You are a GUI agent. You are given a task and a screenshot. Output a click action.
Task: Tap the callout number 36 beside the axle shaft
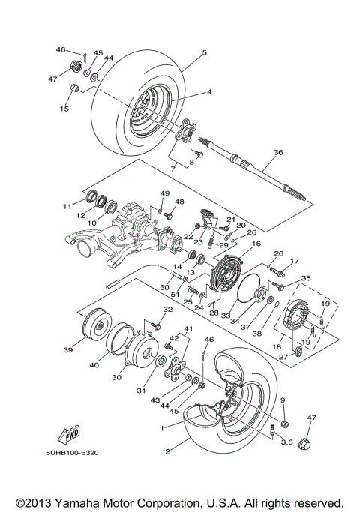(x=278, y=152)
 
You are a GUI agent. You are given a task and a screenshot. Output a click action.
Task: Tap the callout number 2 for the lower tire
(x=167, y=453)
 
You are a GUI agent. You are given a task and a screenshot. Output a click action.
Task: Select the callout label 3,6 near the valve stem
(x=287, y=443)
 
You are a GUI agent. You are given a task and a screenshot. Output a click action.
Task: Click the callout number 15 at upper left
(x=64, y=109)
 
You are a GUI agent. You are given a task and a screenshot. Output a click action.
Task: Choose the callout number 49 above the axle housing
(x=165, y=194)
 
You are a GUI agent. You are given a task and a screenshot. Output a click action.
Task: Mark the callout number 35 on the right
(x=305, y=279)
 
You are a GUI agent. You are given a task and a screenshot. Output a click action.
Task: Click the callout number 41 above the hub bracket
(x=188, y=330)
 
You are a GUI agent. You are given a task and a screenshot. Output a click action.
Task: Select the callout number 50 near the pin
(x=165, y=288)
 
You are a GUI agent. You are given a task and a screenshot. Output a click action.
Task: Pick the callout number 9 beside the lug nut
(x=283, y=401)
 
